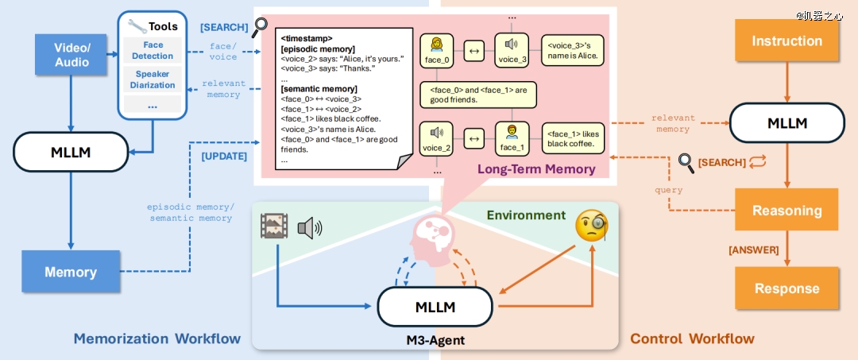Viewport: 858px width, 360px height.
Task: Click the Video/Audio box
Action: click(x=71, y=55)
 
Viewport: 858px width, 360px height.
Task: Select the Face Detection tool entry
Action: click(x=153, y=51)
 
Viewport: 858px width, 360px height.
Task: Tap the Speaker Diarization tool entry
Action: click(x=153, y=79)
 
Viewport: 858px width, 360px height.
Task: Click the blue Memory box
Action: click(x=71, y=272)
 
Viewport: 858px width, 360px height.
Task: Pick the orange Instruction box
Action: click(x=786, y=41)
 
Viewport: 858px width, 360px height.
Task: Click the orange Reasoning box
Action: click(x=786, y=211)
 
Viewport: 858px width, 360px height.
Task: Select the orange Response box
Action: click(x=786, y=288)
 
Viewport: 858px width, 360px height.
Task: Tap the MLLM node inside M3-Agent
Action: click(x=435, y=307)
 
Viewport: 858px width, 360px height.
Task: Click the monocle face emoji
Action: click(x=591, y=228)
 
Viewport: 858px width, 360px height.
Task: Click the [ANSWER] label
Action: click(x=754, y=250)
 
